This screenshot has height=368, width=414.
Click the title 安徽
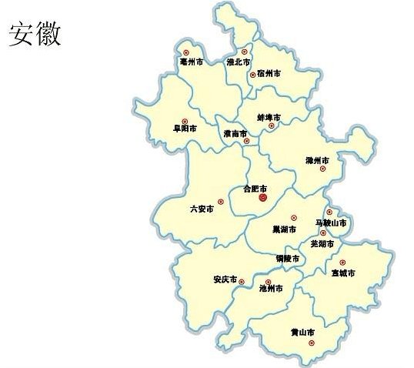tap(35, 33)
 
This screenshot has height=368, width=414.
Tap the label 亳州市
tap(191, 61)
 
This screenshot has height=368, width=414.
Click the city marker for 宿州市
tap(252, 75)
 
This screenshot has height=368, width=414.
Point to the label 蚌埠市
tap(269, 117)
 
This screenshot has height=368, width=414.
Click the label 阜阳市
tap(185, 129)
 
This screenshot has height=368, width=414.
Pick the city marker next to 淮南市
tap(246, 141)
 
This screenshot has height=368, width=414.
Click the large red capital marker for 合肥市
tap(263, 199)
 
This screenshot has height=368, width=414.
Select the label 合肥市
tap(255, 188)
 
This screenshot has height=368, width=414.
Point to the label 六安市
tap(202, 208)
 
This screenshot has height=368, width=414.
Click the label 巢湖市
tap(284, 228)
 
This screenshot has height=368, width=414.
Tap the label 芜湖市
tap(322, 243)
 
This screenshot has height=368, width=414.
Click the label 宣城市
tap(342, 273)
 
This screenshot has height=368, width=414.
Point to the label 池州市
tap(271, 288)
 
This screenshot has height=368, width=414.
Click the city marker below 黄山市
tap(311, 343)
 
